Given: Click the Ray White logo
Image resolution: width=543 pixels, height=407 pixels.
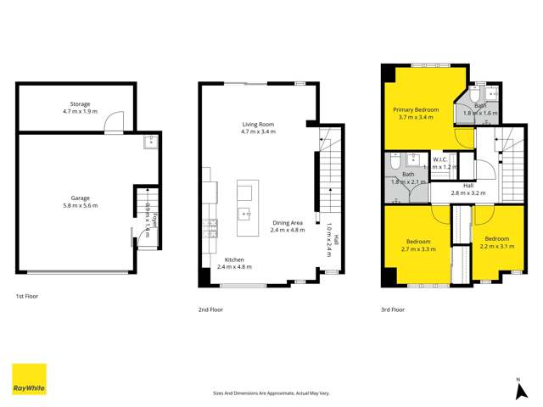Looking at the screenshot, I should coord(29,379).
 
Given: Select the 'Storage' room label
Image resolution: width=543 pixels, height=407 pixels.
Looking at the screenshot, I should coord(81,103).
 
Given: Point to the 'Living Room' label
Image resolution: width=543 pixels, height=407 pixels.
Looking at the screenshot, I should coord(258,125).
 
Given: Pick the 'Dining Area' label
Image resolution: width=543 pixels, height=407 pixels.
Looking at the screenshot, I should coord(288,222).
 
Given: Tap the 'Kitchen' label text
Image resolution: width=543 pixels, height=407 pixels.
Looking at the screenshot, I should coord(234,259).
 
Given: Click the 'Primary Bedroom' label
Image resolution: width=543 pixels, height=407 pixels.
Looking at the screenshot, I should coord(416,109).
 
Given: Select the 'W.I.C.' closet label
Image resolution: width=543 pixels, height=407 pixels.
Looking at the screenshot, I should coord(440,159).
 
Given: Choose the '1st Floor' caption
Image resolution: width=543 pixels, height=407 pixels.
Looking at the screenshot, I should coord(27,297).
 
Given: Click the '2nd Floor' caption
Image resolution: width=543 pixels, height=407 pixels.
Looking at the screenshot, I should coord(210,310).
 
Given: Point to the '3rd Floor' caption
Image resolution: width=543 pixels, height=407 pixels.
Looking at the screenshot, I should coord(393,310).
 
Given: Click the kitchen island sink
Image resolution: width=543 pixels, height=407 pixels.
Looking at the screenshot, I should coord(244,213).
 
